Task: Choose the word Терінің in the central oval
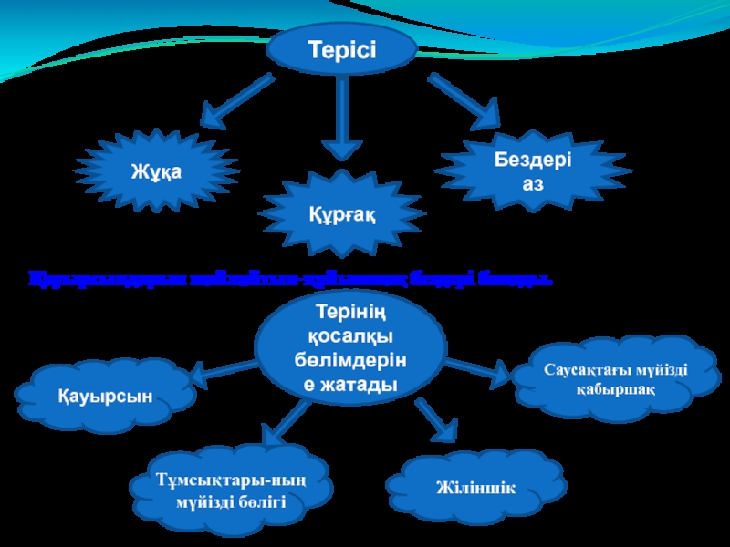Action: click(351, 315)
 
